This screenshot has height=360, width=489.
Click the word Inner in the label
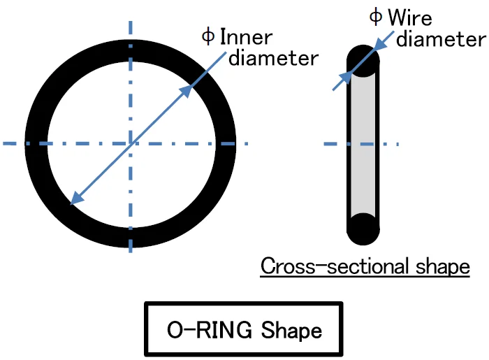[246, 36]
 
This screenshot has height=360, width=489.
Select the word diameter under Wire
[440, 38]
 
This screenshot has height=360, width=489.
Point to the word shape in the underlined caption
[441, 267]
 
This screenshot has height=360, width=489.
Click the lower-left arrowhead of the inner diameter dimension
[75, 201]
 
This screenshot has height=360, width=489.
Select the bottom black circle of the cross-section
[363, 228]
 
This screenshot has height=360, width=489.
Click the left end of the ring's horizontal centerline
[4, 144]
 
